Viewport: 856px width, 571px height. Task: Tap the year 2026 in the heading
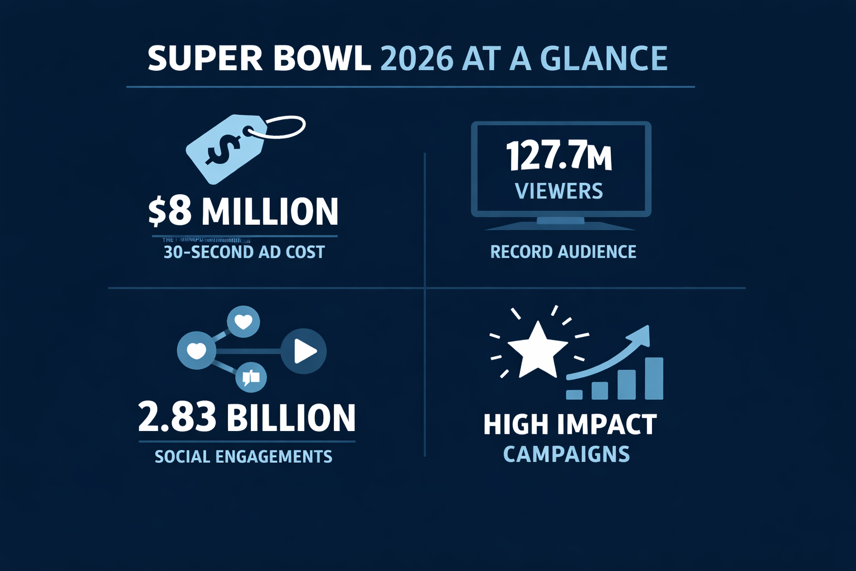[416, 59]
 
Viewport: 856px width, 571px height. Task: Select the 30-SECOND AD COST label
[244, 252]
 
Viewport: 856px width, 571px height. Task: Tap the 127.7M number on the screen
[559, 157]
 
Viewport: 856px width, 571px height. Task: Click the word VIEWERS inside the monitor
[559, 191]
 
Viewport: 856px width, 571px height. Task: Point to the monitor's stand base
[560, 225]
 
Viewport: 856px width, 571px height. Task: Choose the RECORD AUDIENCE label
[563, 252]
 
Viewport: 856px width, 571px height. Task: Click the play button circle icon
[304, 351]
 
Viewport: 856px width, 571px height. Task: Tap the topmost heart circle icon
[244, 322]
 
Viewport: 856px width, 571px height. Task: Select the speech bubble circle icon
[251, 378]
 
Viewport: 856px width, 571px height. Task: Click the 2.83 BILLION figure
[246, 418]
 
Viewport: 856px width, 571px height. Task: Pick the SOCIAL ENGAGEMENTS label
[244, 457]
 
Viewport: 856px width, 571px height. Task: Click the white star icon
[537, 349]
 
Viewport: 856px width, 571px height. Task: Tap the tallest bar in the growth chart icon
[654, 379]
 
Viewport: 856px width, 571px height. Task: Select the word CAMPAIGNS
[566, 454]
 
